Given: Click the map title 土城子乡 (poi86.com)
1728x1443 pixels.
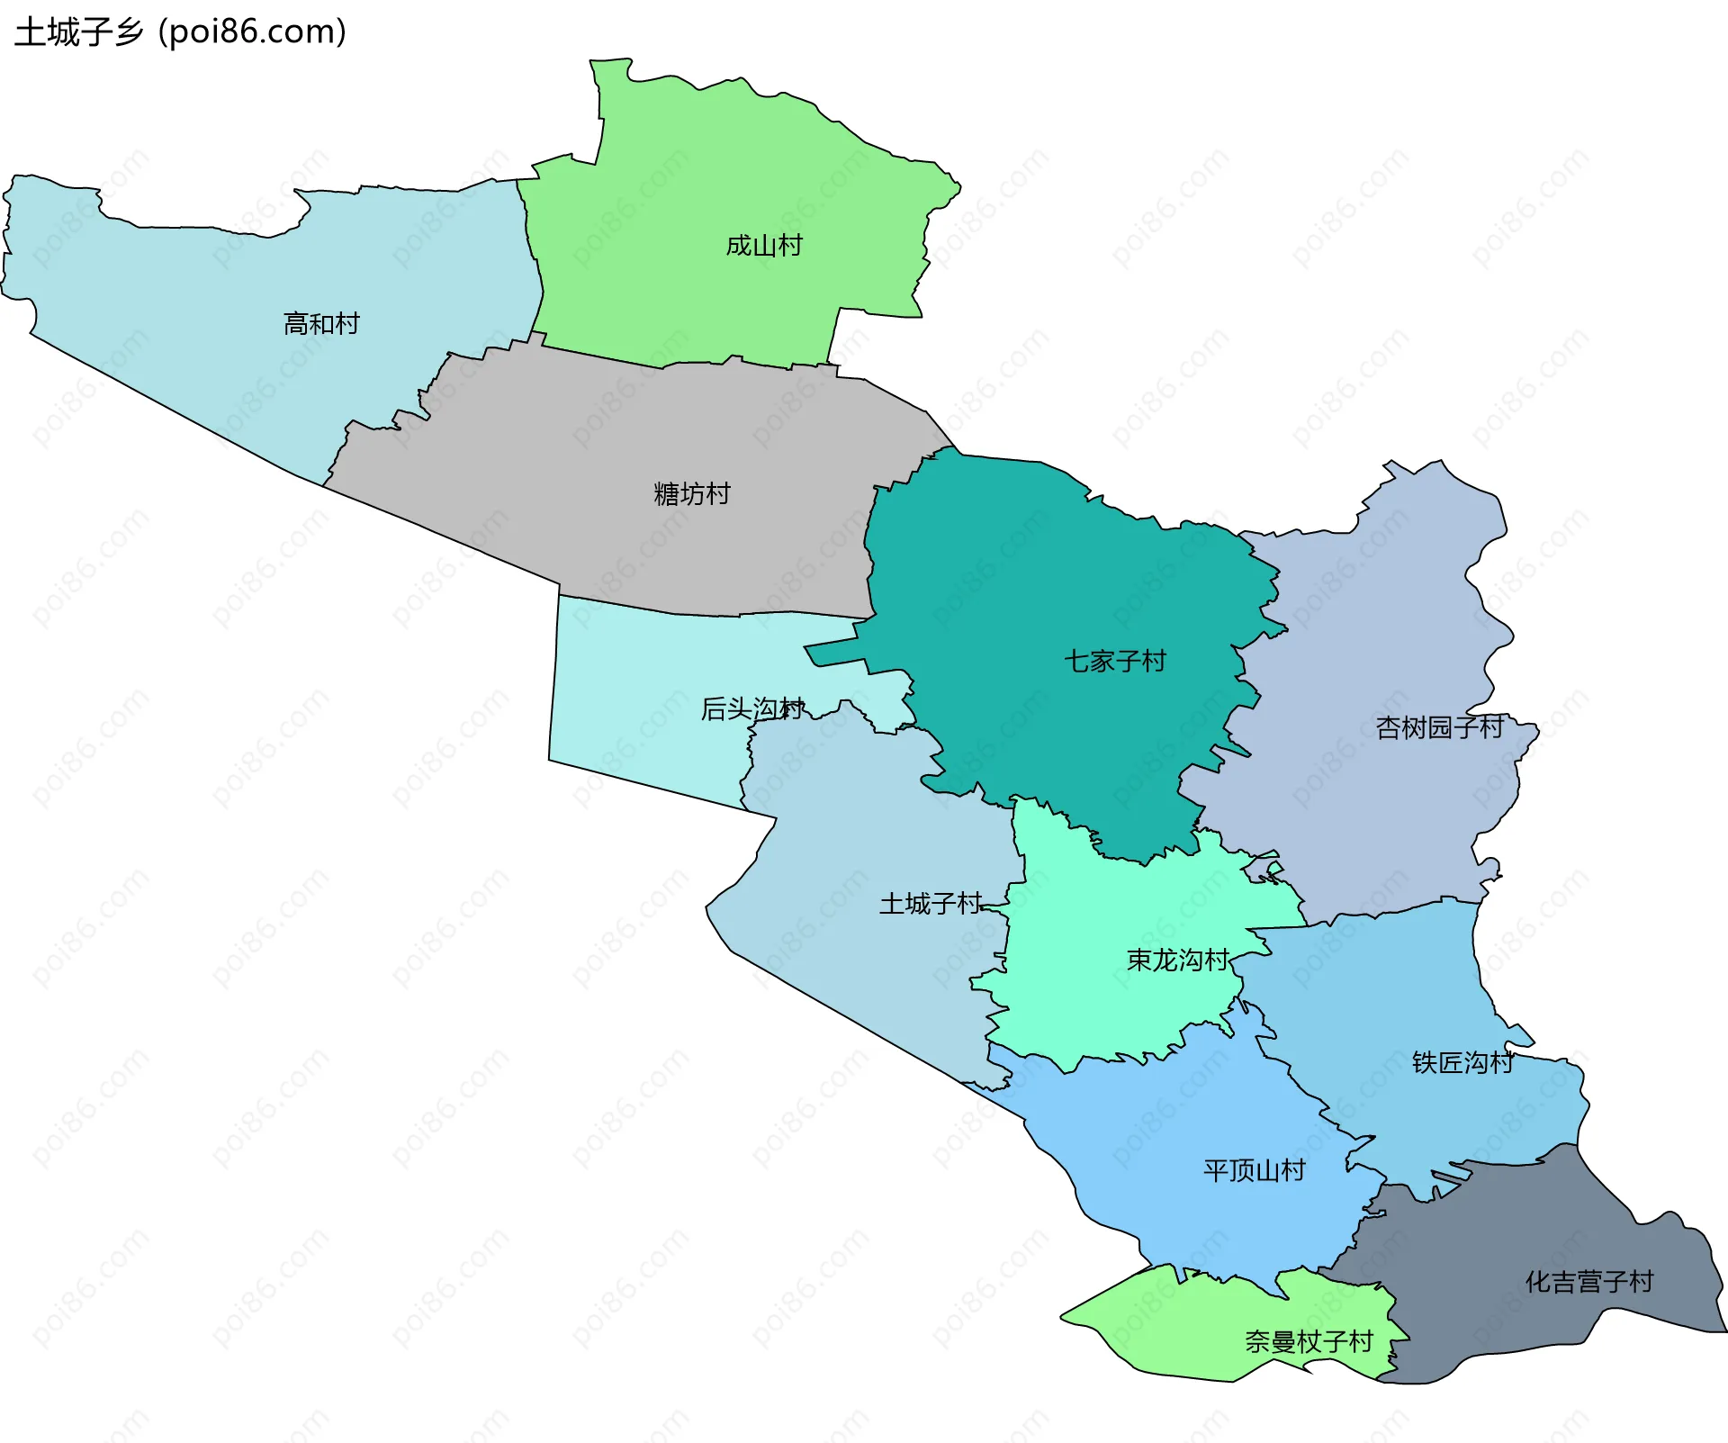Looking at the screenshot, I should coord(180,32).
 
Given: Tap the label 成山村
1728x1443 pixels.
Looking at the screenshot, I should coord(764,246).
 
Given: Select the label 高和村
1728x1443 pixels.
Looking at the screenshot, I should coord(321,323).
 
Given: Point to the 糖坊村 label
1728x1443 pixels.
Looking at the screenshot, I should coord(692,494).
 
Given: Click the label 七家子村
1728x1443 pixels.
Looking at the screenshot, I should coord(1115,662).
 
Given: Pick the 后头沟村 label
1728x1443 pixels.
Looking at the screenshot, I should coord(752,709).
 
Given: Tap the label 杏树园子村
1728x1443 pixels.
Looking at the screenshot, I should coord(1440,727).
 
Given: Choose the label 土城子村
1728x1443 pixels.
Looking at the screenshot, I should coord(931,904).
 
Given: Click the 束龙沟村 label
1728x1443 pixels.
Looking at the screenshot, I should coord(1178,960).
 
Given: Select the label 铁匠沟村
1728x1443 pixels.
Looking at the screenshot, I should coord(1463,1063).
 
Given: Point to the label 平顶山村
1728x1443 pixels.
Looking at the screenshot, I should coord(1255,1170).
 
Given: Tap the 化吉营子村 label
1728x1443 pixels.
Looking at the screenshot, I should coord(1589,1282).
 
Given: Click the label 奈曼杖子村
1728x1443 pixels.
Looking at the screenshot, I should coord(1309,1342).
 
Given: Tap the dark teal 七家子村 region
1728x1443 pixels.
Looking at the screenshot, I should coord(1035,585).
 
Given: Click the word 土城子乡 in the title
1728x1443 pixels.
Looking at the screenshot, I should coord(79,32).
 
